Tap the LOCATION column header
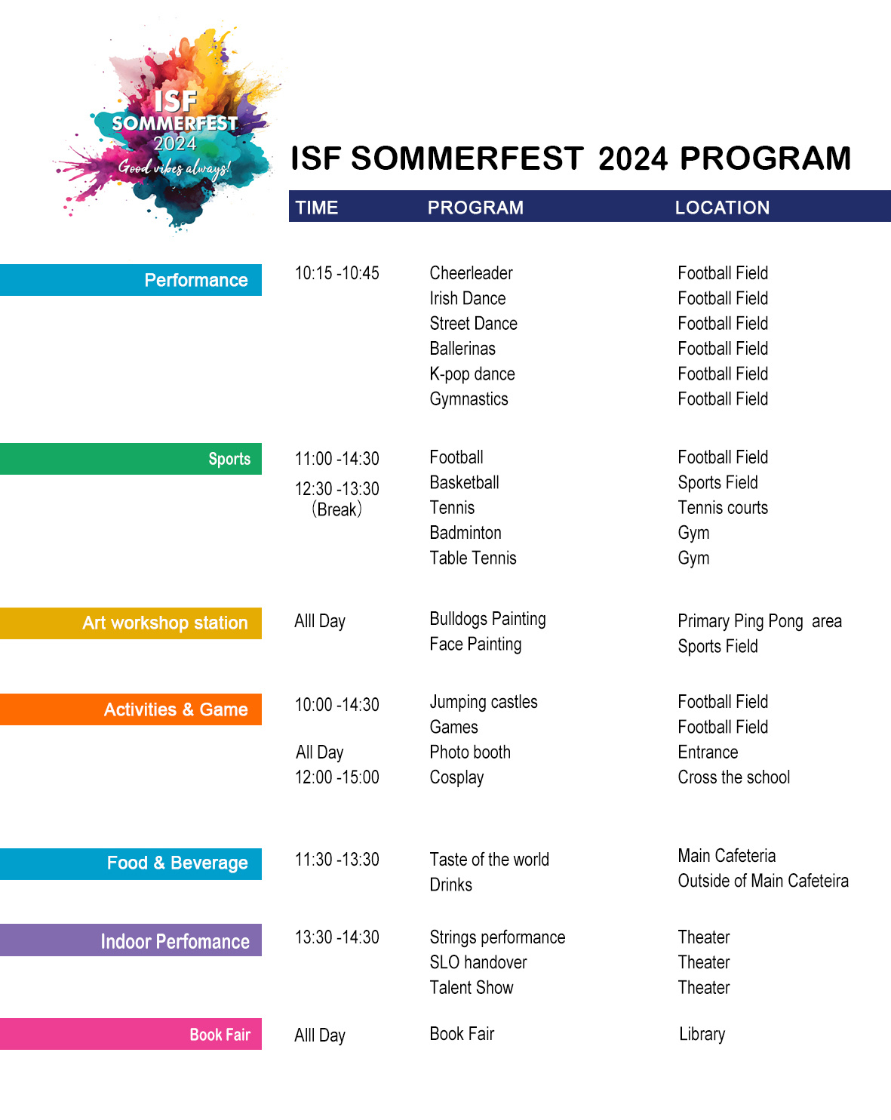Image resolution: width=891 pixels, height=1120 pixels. coord(722,208)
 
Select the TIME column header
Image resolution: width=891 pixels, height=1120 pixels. coord(317,208)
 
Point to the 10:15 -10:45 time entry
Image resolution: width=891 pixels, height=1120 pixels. coord(336,273)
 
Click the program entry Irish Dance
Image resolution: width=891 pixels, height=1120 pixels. coord(468,298)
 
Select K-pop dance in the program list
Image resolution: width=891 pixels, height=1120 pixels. coord(472,374)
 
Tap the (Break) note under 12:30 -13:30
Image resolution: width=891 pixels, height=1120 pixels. coord(336,509)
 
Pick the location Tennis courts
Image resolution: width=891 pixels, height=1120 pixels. coord(723,508)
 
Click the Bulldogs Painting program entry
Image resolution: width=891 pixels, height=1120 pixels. coord(487,619)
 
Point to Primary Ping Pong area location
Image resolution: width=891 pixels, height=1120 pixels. coord(759,621)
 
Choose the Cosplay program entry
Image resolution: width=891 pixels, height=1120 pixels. coord(456,777)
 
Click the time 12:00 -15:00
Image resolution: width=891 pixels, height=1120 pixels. coord(336,777)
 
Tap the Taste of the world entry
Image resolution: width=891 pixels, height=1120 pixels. coord(489,860)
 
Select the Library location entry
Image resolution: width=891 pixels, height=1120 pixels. coord(702,1034)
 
